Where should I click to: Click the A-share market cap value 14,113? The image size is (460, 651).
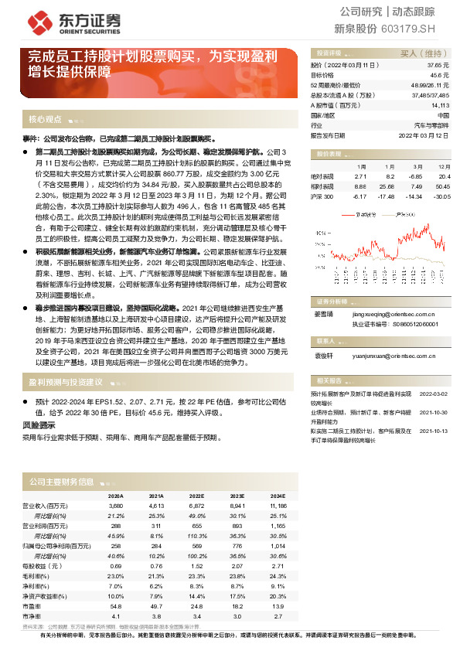(439, 105)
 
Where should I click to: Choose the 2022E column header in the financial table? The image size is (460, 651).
(197, 496)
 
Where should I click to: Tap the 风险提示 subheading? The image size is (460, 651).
(38, 425)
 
